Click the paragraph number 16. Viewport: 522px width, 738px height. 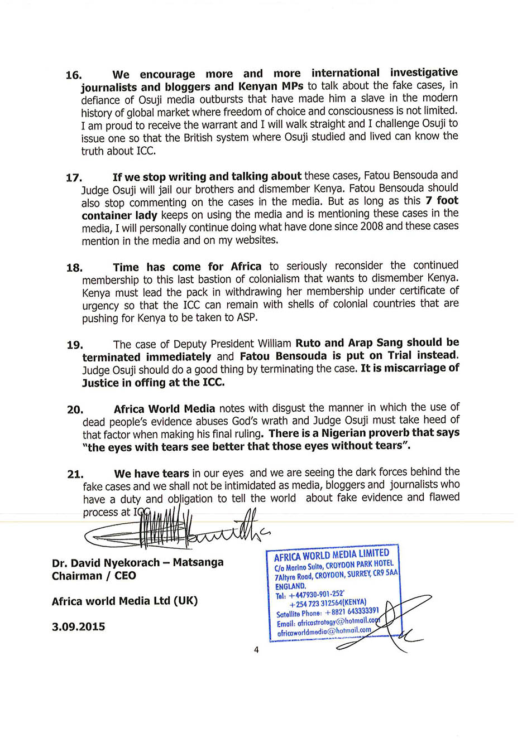[x=74, y=75]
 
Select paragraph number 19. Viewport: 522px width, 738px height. [x=75, y=345]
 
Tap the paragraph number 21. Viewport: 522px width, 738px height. [x=75, y=474]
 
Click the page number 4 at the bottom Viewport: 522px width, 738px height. [x=256, y=649]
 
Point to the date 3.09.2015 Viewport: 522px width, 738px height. [x=78, y=626]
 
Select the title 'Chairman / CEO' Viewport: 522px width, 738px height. [x=94, y=576]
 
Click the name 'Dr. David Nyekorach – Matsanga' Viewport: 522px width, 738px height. [x=137, y=562]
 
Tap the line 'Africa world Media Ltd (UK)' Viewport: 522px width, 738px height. [x=124, y=601]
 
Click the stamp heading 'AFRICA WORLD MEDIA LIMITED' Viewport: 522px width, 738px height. [x=332, y=554]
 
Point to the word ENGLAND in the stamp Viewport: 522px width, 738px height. [x=291, y=586]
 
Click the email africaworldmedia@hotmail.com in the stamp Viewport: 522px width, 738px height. [x=324, y=631]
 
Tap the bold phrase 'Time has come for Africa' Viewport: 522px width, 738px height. [x=187, y=267]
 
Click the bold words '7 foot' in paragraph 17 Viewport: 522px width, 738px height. [x=442, y=200]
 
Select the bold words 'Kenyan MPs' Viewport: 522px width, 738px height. [x=271, y=86]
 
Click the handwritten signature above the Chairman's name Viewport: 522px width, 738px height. [x=173, y=530]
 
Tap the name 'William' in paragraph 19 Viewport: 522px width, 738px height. [x=274, y=344]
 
